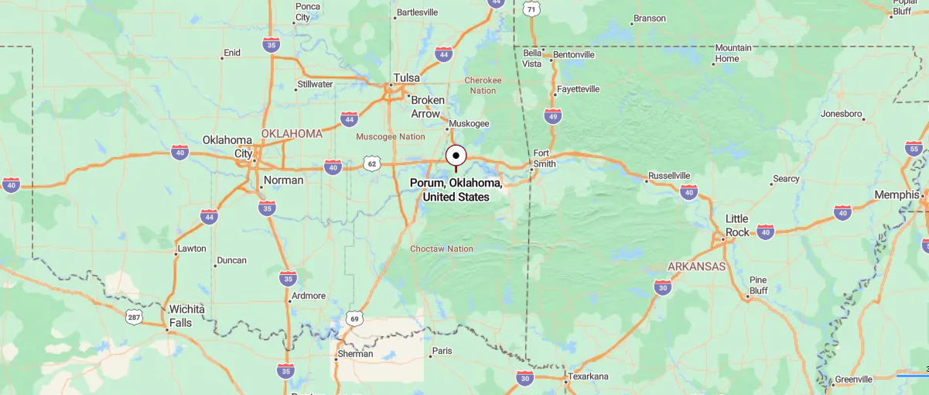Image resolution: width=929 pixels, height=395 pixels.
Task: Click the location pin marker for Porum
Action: click(456, 156)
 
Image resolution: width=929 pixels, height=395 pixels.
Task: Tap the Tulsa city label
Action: click(406, 77)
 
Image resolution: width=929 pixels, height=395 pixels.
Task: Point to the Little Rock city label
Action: click(736, 226)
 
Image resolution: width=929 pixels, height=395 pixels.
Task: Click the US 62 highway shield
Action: click(372, 163)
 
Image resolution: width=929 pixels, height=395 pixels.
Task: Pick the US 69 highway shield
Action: click(355, 318)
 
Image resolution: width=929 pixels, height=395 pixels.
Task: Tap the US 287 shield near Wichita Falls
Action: click(134, 316)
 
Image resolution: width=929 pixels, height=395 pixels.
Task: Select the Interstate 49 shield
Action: click(552, 116)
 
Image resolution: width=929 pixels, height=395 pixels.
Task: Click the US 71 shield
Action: click(531, 9)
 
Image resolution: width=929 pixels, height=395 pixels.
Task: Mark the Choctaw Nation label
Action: click(441, 249)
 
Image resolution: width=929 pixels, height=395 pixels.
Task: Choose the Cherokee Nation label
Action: click(483, 85)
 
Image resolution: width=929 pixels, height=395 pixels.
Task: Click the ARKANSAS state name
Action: click(696, 266)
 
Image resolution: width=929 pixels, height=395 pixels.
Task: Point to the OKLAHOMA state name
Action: click(292, 133)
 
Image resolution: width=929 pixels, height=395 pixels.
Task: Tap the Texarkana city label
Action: click(588, 376)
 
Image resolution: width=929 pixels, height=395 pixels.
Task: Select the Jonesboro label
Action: click(841, 114)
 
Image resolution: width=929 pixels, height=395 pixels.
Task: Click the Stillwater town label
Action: click(315, 84)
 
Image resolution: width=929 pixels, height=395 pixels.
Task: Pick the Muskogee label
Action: click(469, 123)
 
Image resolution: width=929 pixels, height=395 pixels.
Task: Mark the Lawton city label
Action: click(191, 249)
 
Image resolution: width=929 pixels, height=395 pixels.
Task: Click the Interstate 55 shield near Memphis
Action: click(914, 149)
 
